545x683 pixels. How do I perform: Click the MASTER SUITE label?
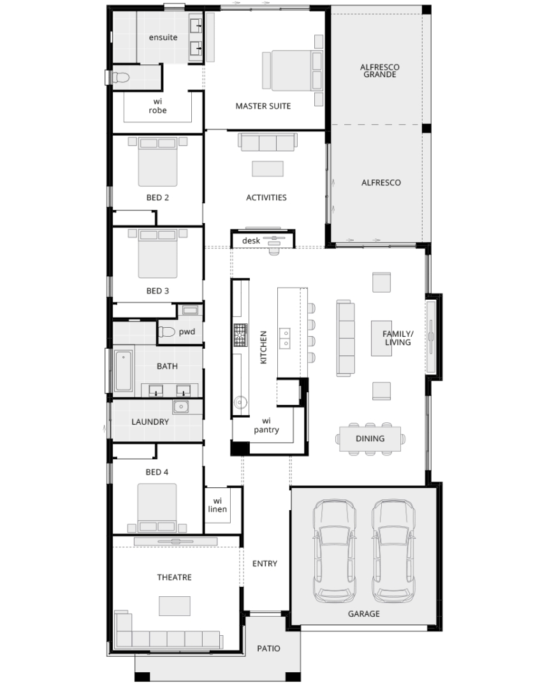pyautogui.click(x=263, y=106)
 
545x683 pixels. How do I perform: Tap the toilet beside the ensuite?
pyautogui.click(x=121, y=78)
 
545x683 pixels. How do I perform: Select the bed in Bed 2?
pyautogui.click(x=157, y=161)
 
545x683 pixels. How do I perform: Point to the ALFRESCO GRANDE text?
pyautogui.click(x=379, y=71)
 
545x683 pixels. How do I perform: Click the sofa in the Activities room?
pyautogui.click(x=268, y=142)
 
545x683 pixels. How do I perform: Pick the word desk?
pyautogui.click(x=251, y=240)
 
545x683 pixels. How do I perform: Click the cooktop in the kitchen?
pyautogui.click(x=240, y=335)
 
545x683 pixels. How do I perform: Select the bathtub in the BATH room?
pyautogui.click(x=124, y=371)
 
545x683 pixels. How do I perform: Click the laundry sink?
pyautogui.click(x=180, y=407)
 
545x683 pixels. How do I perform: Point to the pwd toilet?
pyautogui.click(x=166, y=332)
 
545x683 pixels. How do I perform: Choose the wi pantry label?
pyautogui.click(x=266, y=425)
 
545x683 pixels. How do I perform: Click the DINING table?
pyautogui.click(x=370, y=439)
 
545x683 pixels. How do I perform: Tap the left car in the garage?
pyautogui.click(x=335, y=551)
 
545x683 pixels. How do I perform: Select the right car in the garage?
pyautogui.click(x=393, y=551)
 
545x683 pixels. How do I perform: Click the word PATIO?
pyautogui.click(x=268, y=649)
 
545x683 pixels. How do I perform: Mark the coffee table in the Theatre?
pyautogui.click(x=175, y=606)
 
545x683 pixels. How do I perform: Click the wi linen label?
pyautogui.click(x=217, y=505)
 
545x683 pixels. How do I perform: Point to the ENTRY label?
pyautogui.click(x=265, y=564)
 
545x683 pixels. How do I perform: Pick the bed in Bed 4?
pyautogui.click(x=157, y=508)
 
